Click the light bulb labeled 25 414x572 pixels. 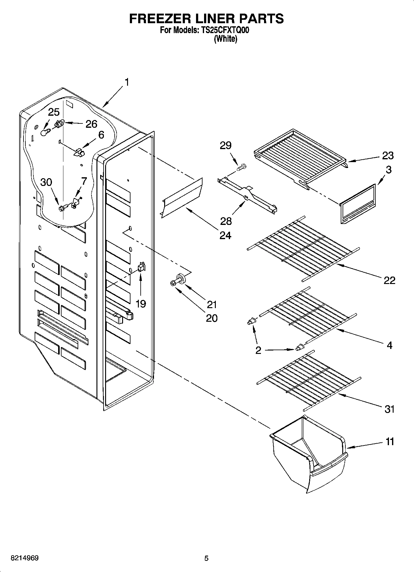(45, 132)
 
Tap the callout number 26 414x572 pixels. (91, 124)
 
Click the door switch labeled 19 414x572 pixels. (141, 267)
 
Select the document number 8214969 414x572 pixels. (25, 558)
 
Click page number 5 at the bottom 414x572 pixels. (206, 558)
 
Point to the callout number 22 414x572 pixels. (389, 280)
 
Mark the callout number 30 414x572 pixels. (46, 182)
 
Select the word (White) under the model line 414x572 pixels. (225, 39)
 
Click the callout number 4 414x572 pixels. (389, 345)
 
